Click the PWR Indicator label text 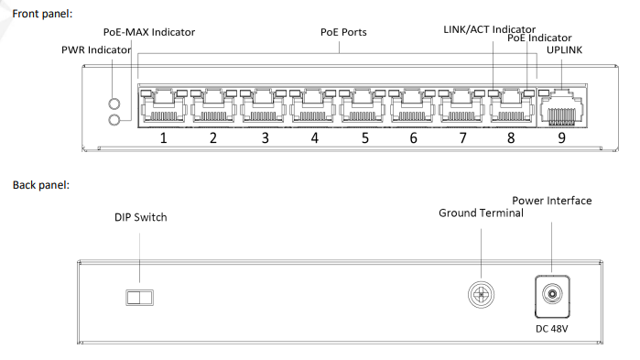coord(96,49)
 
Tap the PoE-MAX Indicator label coord(149,32)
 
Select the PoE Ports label coord(343,32)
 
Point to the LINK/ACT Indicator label coord(490,29)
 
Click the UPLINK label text coord(564,49)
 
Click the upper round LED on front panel coord(114,104)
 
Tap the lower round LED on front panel coord(114,120)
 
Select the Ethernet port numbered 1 coord(163,106)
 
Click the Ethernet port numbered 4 coord(312,106)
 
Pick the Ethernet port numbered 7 coord(461,106)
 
